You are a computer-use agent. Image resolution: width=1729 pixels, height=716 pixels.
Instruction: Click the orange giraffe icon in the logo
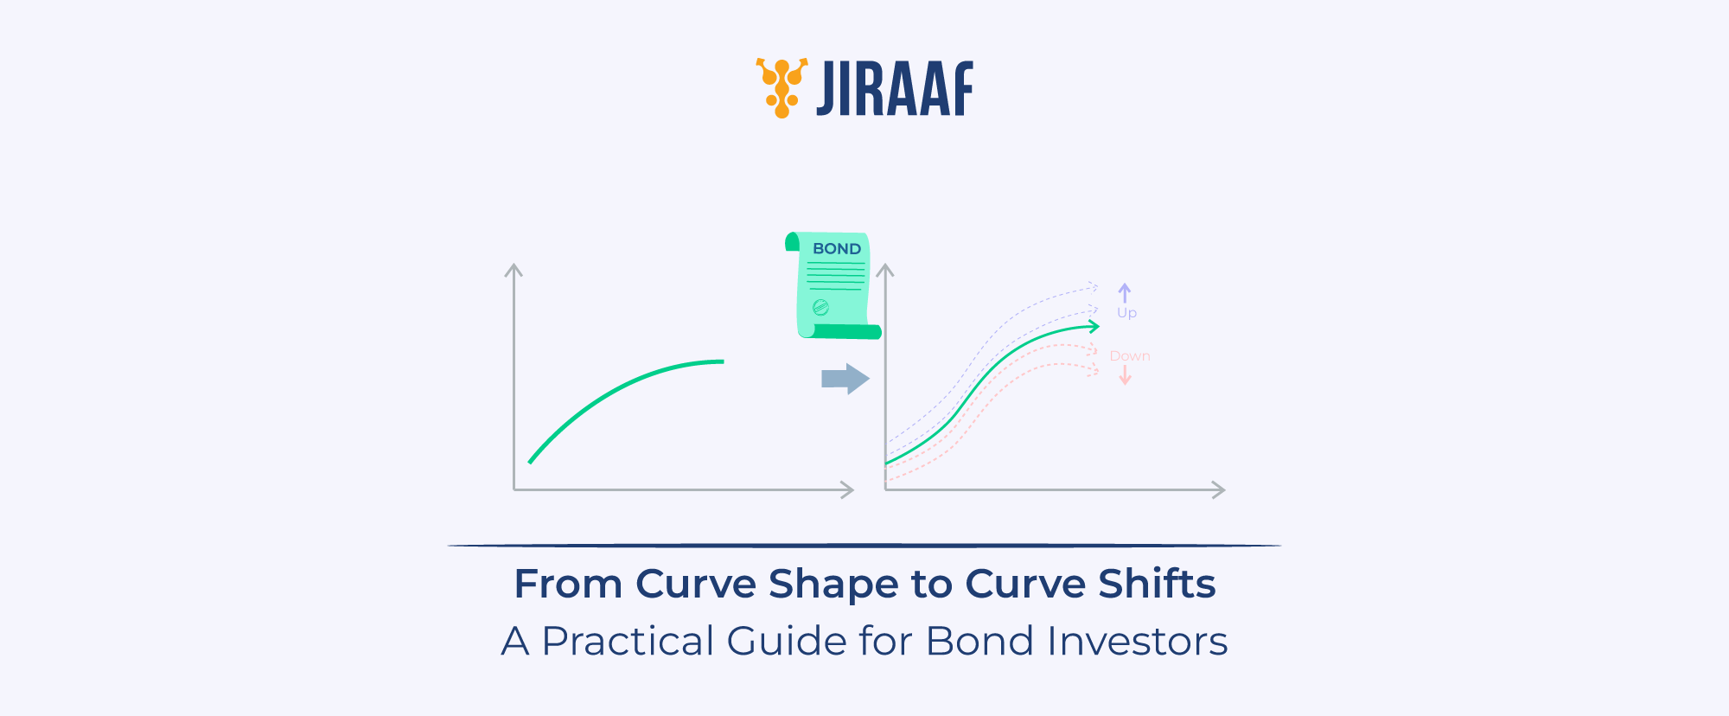coord(782,87)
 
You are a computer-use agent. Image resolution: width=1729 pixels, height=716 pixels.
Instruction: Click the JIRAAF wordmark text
coord(895,88)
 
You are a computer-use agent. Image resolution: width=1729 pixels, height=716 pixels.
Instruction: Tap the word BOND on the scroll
coord(837,249)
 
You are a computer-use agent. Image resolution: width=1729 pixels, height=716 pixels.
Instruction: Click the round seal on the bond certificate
coord(820,307)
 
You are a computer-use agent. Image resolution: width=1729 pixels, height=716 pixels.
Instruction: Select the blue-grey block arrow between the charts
coord(845,379)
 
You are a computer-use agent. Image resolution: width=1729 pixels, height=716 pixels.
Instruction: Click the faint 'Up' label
coord(1126,313)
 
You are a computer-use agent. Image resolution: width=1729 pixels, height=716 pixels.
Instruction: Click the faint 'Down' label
coord(1129,356)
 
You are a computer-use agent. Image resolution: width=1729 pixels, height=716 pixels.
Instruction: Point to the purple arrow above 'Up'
coord(1124,292)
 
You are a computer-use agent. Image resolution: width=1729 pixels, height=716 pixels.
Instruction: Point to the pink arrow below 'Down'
coord(1125,375)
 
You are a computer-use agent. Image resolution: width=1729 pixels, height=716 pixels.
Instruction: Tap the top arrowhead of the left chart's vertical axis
coord(514,270)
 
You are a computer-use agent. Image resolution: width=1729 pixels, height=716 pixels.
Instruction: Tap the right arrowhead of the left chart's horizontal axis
coord(848,490)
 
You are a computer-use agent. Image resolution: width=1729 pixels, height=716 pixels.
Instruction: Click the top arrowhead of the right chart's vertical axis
coord(884,270)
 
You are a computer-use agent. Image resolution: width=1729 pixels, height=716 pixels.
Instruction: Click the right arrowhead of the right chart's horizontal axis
coord(1220,490)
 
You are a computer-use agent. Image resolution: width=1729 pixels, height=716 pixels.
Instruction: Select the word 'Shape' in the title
coord(821,585)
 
